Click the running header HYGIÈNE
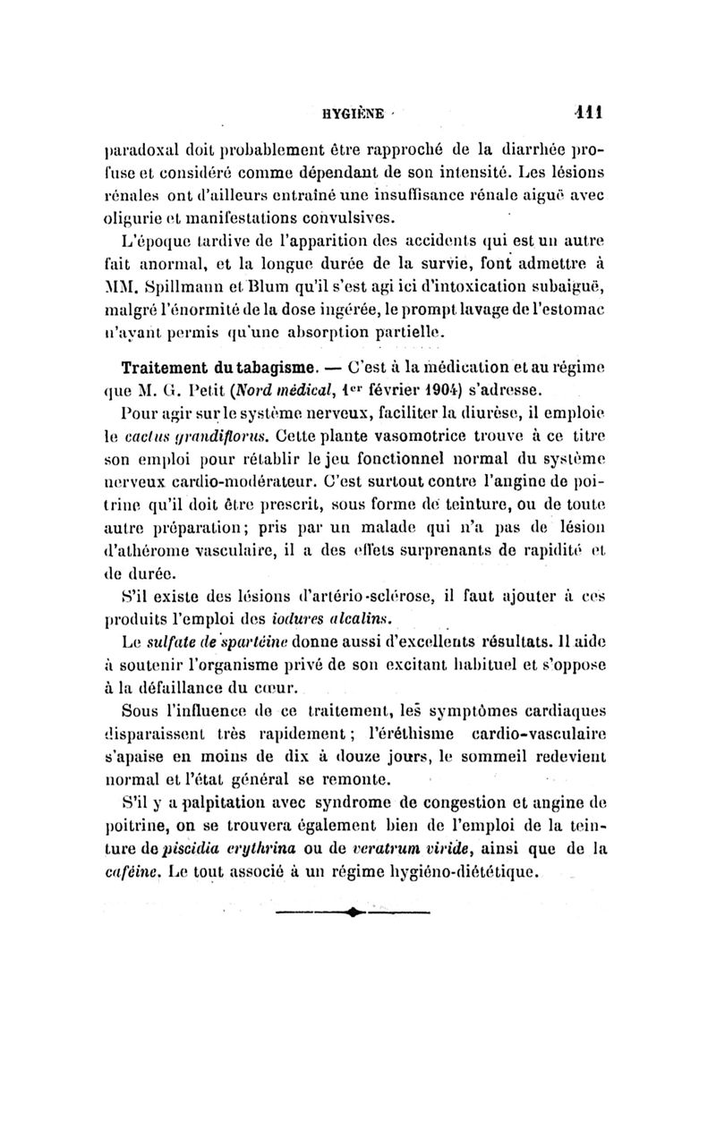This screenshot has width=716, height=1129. [x=354, y=114]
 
